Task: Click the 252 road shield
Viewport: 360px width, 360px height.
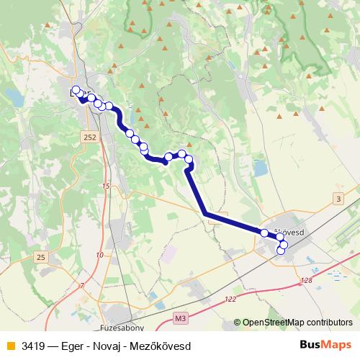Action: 89,136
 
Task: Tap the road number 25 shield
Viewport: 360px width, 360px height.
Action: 41,257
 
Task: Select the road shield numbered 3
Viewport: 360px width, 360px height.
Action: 338,198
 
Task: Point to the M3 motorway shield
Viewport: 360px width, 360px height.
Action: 180,316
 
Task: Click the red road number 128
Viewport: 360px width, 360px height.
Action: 307,280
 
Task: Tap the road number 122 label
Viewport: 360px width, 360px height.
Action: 230,299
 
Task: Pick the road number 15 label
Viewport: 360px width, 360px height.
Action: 107,186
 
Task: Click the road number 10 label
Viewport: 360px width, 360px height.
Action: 99,255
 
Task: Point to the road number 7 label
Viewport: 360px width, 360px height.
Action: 82,286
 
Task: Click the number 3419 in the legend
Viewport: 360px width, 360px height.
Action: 32,346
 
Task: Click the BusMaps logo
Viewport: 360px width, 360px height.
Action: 325,346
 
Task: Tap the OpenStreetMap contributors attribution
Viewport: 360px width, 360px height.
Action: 297,322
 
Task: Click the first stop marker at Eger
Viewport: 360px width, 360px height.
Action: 76,90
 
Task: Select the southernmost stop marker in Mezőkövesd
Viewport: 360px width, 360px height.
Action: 282,253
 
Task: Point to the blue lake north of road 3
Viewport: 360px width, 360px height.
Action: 259,170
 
